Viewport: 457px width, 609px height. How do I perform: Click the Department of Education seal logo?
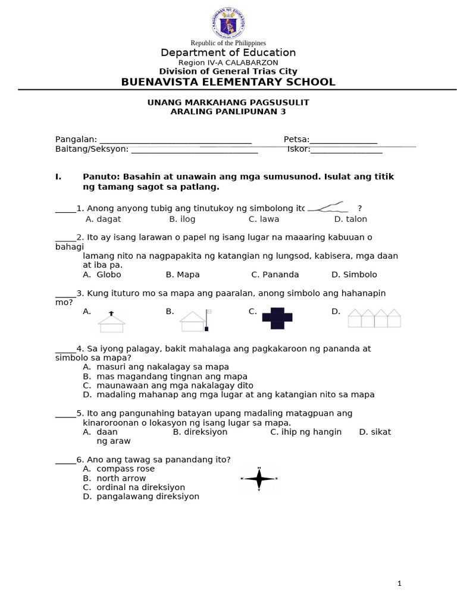point(228,24)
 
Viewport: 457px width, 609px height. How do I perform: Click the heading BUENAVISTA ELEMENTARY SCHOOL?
point(228,82)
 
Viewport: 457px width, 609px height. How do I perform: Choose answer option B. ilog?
point(182,219)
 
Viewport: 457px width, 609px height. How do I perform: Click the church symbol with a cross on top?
point(111,322)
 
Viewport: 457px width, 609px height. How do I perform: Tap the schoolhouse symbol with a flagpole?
point(195,321)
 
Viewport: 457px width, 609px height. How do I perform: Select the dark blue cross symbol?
point(277,318)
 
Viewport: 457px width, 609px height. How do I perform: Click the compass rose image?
point(259,478)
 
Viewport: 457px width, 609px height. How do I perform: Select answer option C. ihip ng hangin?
point(306,432)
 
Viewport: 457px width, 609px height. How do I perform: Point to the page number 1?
point(399,583)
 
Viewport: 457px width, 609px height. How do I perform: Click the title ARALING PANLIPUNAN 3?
point(228,112)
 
